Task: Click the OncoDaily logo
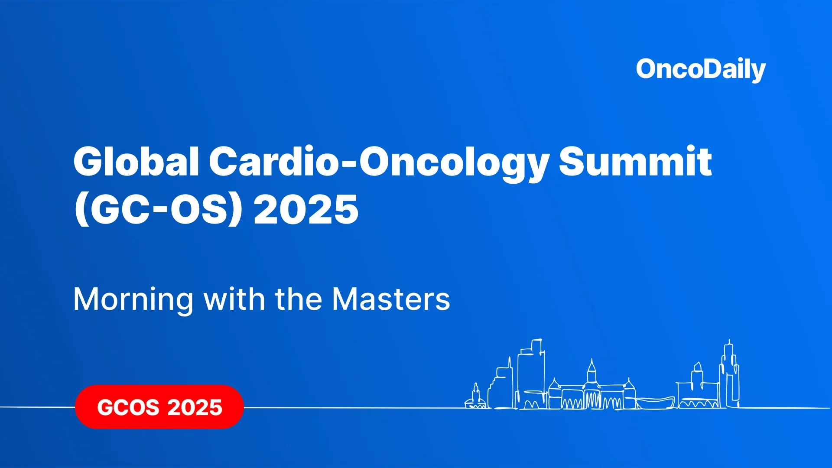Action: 701,70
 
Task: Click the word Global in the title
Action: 136,161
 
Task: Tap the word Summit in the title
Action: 635,161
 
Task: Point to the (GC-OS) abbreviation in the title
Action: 159,209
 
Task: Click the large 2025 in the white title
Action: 306,209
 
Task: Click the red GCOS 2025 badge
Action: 159,407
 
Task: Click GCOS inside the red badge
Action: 128,407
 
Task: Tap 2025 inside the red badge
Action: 195,407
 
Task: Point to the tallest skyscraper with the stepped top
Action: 531,373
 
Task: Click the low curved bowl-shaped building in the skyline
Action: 655,403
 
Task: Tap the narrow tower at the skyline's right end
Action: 730,374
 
